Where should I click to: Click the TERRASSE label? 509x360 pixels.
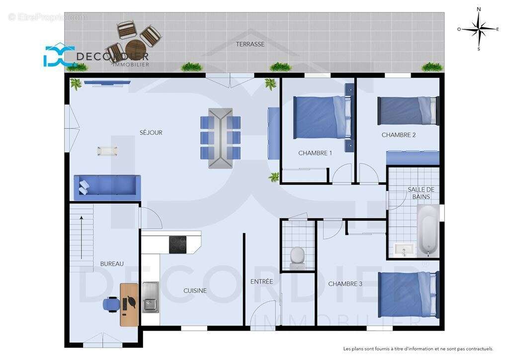click(x=250, y=44)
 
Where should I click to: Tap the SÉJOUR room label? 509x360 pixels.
click(x=151, y=133)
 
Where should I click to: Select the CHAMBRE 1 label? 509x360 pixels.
click(x=315, y=153)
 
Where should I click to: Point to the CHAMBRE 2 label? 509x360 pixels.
click(x=399, y=135)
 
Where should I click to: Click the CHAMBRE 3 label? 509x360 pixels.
click(x=345, y=284)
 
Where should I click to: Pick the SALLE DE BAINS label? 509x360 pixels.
click(x=421, y=193)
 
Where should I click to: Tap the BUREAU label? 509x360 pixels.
click(x=112, y=264)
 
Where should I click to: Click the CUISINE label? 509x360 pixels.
click(x=195, y=291)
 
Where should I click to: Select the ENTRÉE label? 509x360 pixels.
click(x=261, y=281)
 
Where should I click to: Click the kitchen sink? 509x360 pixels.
click(x=150, y=297)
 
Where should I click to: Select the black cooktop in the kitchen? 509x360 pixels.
click(x=177, y=245)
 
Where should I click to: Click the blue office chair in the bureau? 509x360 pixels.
click(x=111, y=304)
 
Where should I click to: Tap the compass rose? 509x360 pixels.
click(x=478, y=29)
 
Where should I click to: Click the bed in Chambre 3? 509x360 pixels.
click(x=408, y=294)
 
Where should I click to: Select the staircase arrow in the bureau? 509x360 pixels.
click(x=82, y=237)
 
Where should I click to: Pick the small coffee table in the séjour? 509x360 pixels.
click(x=107, y=151)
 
